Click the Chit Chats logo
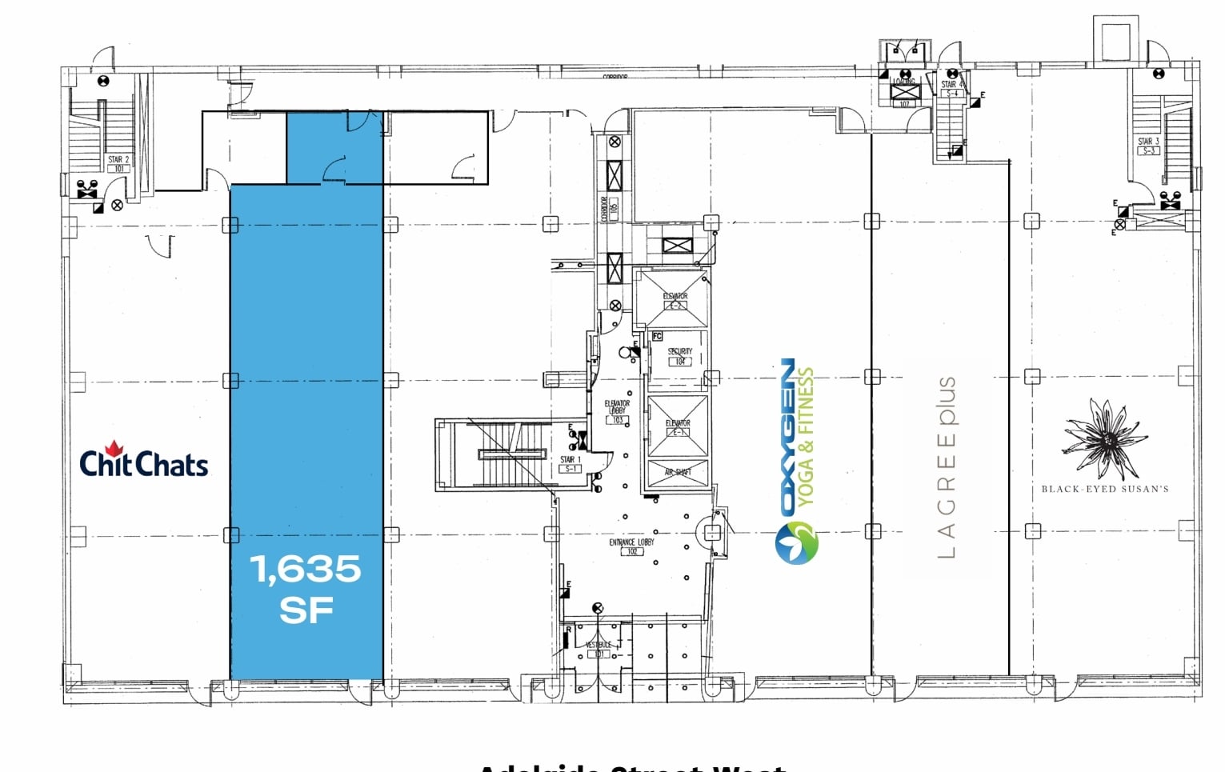coord(144,463)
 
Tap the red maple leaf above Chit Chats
coord(114,448)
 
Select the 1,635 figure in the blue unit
coord(306,570)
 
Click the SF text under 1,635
coord(306,611)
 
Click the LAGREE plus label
coord(947,467)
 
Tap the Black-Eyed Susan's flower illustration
coord(1105,439)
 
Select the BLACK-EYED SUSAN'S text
coord(1104,489)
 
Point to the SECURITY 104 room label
coord(679,356)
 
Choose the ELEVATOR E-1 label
coord(678,427)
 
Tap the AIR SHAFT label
coord(678,472)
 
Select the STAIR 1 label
coord(570,464)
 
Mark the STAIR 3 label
coord(1149,146)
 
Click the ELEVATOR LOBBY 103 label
coord(617,411)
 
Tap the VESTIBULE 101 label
coord(598,649)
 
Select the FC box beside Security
coord(657,336)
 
